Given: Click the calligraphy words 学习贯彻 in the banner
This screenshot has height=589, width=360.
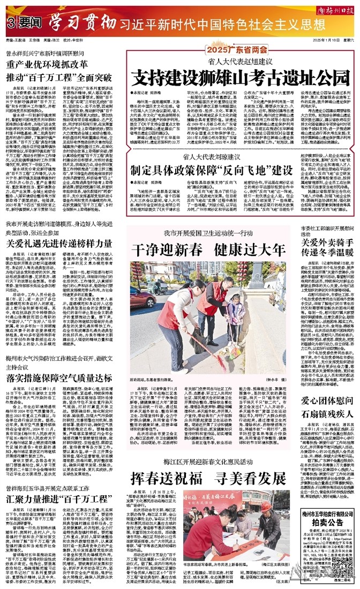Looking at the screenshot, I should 83,23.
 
